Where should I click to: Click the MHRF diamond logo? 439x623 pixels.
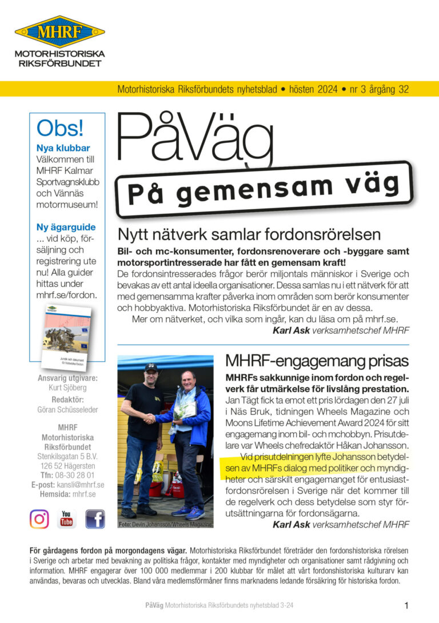click(x=59, y=31)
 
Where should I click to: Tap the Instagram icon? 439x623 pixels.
click(x=39, y=519)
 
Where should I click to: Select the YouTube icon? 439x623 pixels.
click(x=67, y=519)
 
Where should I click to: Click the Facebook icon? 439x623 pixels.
click(x=95, y=519)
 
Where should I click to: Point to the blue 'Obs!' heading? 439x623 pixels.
click(x=60, y=127)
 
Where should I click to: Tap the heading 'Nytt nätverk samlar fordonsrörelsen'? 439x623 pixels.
click(x=249, y=234)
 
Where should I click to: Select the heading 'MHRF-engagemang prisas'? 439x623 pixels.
click(x=317, y=361)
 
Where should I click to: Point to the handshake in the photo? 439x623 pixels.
click(x=149, y=419)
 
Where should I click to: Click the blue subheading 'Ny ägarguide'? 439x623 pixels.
click(x=66, y=227)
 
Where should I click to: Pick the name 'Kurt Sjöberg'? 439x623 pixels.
click(x=67, y=388)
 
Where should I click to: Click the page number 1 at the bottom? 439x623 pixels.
click(x=406, y=605)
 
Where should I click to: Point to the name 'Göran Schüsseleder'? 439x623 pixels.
click(x=67, y=410)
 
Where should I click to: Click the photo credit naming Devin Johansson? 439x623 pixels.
click(x=165, y=524)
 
